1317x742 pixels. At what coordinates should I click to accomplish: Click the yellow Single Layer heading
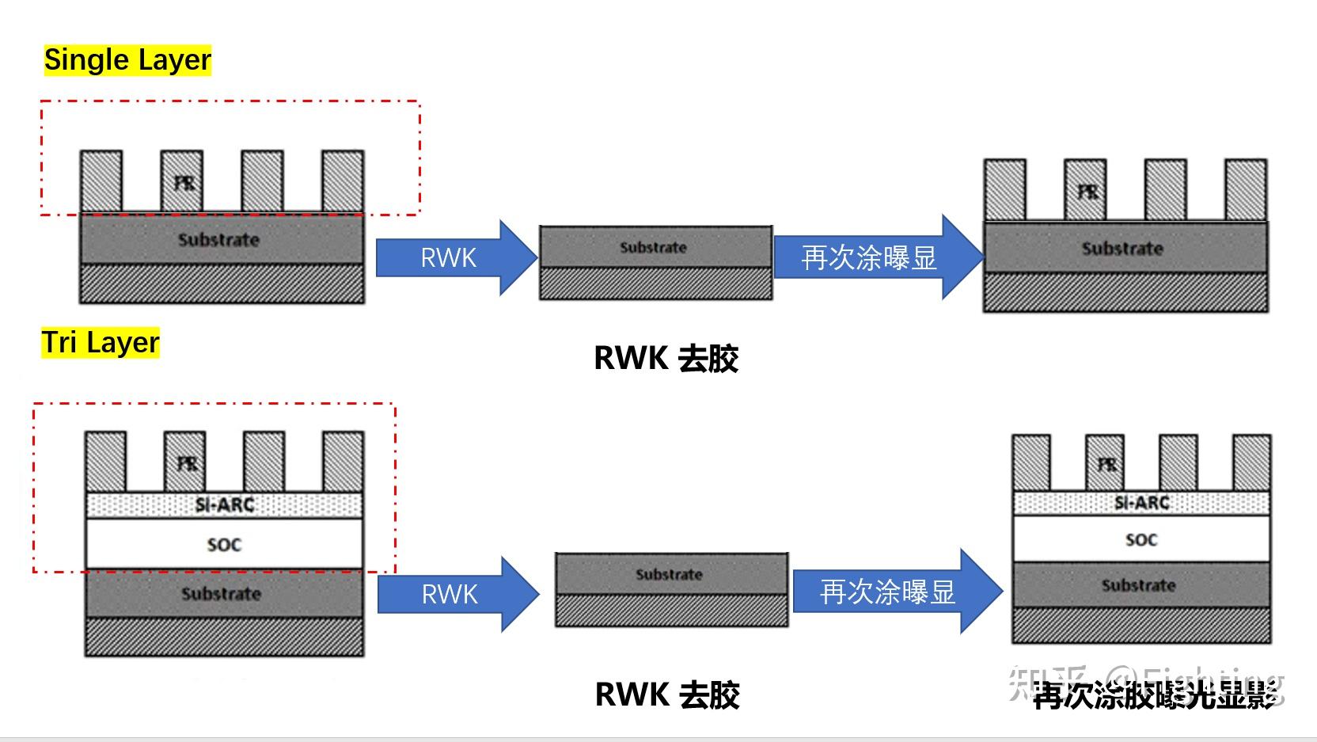click(x=127, y=60)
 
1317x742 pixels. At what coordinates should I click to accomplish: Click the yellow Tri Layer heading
click(x=101, y=343)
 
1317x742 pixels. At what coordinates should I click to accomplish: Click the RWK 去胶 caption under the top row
click(x=666, y=359)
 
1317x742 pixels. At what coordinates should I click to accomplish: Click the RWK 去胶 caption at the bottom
click(x=666, y=695)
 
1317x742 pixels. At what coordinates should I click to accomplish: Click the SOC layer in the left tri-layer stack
click(x=224, y=544)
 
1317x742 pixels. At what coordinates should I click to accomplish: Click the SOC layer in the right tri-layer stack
click(x=1141, y=540)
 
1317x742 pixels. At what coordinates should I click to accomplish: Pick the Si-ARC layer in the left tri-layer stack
click(x=224, y=504)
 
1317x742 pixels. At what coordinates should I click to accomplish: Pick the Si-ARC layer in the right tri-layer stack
click(x=1141, y=503)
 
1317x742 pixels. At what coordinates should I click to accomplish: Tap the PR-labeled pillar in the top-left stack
click(x=183, y=181)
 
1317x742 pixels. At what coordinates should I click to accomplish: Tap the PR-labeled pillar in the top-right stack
click(x=1086, y=190)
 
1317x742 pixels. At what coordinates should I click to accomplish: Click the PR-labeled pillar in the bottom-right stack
click(x=1105, y=463)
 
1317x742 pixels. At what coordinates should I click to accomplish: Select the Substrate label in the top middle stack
click(x=653, y=248)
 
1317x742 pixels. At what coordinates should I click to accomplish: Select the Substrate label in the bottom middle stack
click(x=669, y=574)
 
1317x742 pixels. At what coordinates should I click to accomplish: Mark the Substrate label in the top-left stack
click(x=218, y=239)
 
